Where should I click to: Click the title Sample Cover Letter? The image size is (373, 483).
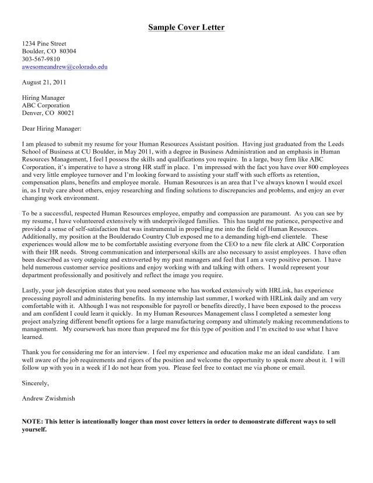(185, 27)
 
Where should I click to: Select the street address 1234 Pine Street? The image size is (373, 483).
(44, 44)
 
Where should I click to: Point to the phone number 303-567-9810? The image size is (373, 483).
(41, 59)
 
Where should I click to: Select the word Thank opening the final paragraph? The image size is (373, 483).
(32, 352)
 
